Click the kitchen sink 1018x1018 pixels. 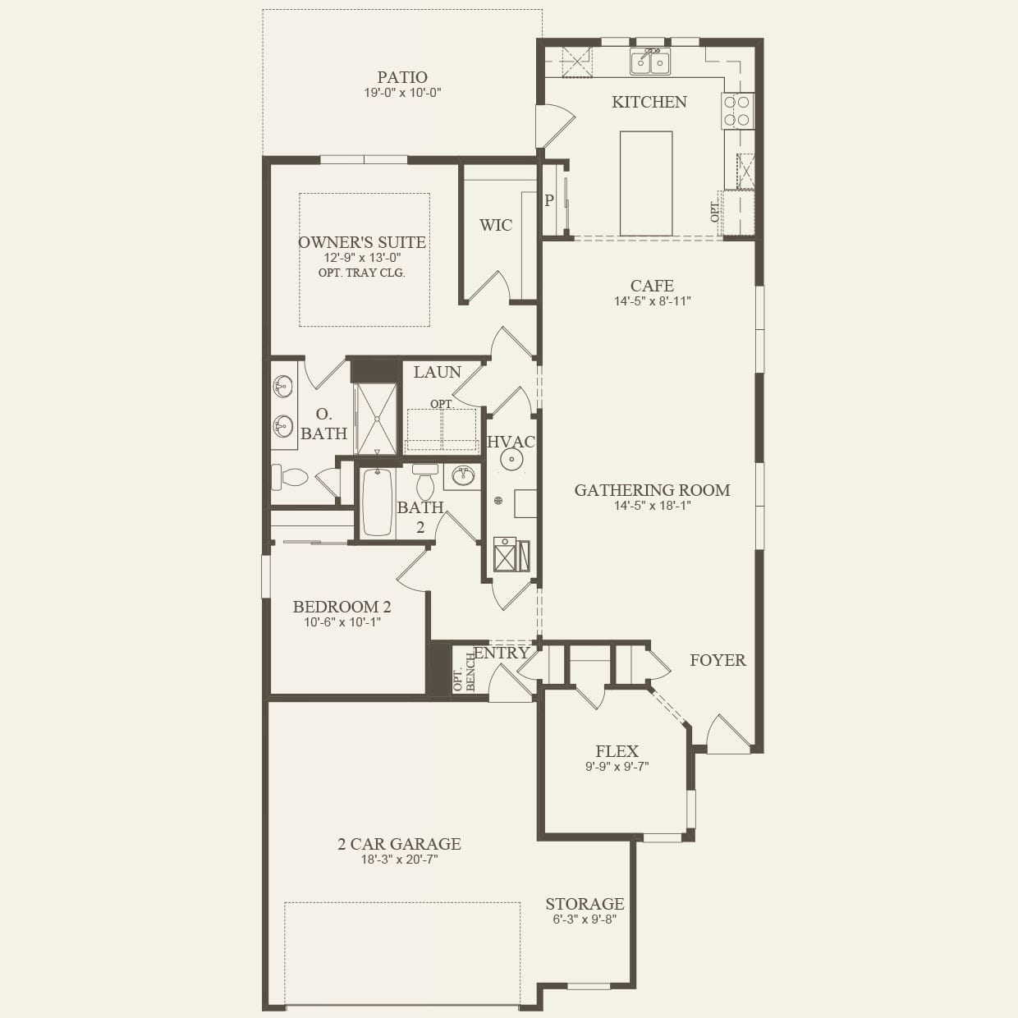(649, 62)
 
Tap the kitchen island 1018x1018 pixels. (646, 183)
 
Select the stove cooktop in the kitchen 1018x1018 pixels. (737, 111)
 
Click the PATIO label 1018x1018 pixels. (402, 77)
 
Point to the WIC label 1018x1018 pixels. (496, 225)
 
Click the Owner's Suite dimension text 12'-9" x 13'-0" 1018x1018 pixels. (362, 258)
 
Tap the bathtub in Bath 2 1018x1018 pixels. (377, 502)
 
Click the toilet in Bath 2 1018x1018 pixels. (424, 481)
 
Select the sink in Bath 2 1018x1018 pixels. (463, 476)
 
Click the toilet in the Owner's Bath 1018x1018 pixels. (290, 477)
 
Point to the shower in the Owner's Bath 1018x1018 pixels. (377, 419)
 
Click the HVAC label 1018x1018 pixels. (511, 442)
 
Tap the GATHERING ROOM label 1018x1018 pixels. (653, 490)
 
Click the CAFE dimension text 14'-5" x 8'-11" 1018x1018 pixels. (653, 301)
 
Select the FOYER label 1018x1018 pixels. (718, 660)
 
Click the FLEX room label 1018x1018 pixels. (617, 751)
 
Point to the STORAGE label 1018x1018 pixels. (585, 904)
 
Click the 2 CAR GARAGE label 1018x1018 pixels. (399, 844)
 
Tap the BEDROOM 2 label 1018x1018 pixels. (342, 607)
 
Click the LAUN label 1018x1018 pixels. (437, 372)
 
